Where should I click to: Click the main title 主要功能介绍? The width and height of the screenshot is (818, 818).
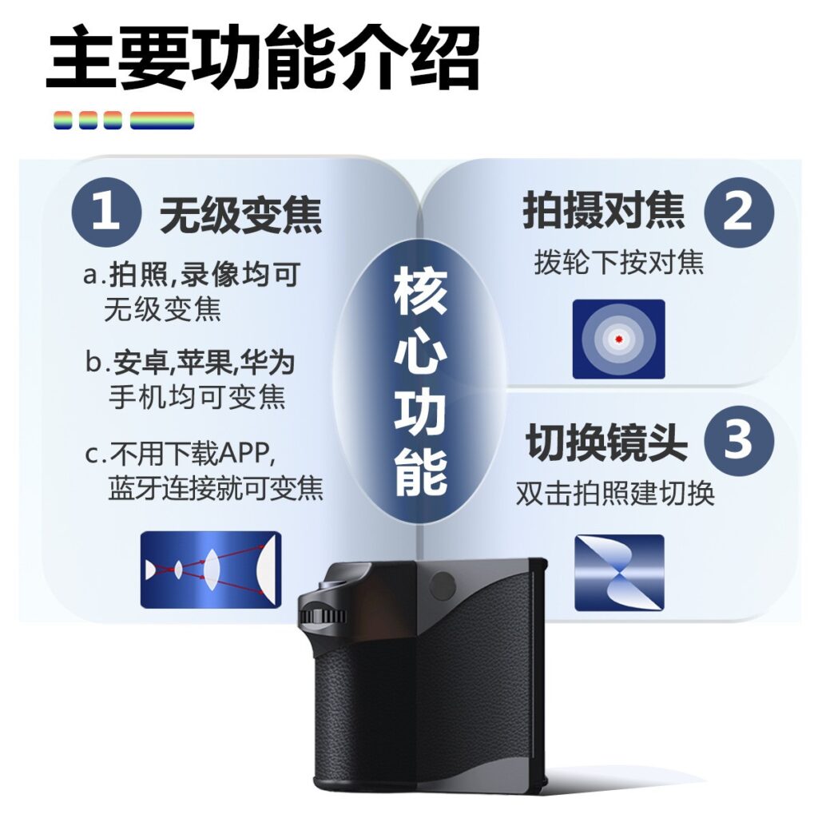tap(262, 58)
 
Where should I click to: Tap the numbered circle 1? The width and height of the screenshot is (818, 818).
tap(106, 212)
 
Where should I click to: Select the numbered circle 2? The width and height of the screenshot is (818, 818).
tap(739, 212)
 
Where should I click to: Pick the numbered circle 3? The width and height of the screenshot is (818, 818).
tap(739, 441)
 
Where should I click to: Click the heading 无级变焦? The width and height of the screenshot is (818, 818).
tap(240, 215)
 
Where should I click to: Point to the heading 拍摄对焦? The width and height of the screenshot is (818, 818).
tap(604, 210)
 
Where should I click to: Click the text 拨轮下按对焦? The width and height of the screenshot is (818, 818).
tap(619, 262)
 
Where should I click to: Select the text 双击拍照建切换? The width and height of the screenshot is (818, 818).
tap(615, 493)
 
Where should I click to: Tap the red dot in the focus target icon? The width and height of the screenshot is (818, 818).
tap(619, 339)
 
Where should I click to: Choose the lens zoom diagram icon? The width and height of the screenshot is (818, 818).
tap(211, 570)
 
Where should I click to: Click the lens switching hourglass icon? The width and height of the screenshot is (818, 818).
tap(619, 573)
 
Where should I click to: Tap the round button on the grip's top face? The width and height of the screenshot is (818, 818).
tap(443, 584)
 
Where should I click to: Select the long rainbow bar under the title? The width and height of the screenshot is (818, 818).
tap(162, 121)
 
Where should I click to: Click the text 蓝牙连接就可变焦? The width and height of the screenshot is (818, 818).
tap(216, 489)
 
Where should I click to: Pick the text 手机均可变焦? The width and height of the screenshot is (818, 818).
tap(197, 398)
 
